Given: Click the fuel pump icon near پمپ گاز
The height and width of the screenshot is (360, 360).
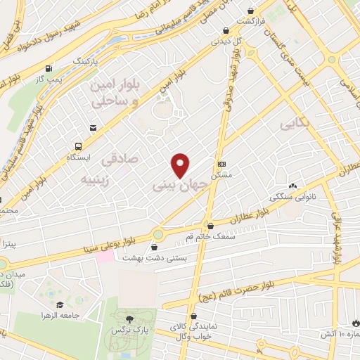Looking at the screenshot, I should click(49, 69).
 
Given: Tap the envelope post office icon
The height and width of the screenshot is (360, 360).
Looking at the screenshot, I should click(93, 127).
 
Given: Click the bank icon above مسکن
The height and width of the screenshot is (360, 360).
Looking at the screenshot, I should click(221, 162).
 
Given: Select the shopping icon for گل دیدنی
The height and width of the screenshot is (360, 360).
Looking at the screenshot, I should click(225, 31).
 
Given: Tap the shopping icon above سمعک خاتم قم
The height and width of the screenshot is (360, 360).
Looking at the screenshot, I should click(211, 225).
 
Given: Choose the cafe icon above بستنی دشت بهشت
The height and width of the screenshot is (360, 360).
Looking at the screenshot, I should click(155, 247).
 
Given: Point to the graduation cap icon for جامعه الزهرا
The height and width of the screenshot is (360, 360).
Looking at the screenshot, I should click(61, 306).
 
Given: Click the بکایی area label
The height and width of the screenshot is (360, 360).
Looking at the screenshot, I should click(295, 124).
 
